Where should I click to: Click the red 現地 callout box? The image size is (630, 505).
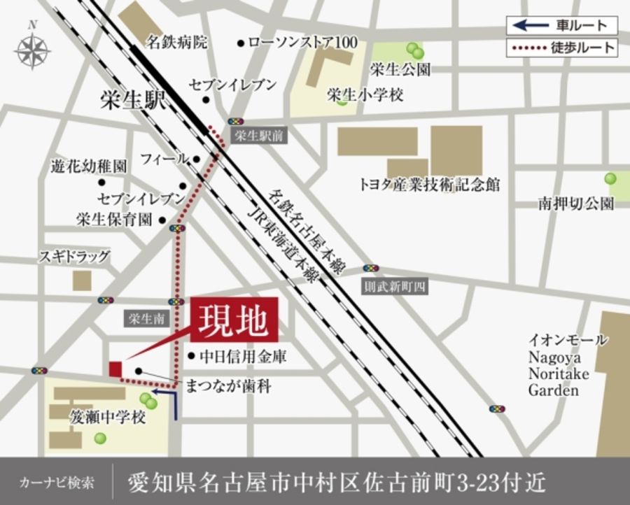click(x=234, y=320)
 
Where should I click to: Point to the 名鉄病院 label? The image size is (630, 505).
click(x=176, y=43)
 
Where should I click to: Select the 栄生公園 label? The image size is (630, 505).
click(x=400, y=70)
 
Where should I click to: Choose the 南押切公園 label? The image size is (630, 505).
click(x=575, y=204)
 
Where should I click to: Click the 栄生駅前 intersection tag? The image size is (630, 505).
click(x=258, y=136)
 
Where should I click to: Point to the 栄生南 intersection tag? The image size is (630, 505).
click(x=146, y=319)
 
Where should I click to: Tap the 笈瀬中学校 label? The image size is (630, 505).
click(x=107, y=418)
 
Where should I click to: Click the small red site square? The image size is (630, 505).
click(x=115, y=369)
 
